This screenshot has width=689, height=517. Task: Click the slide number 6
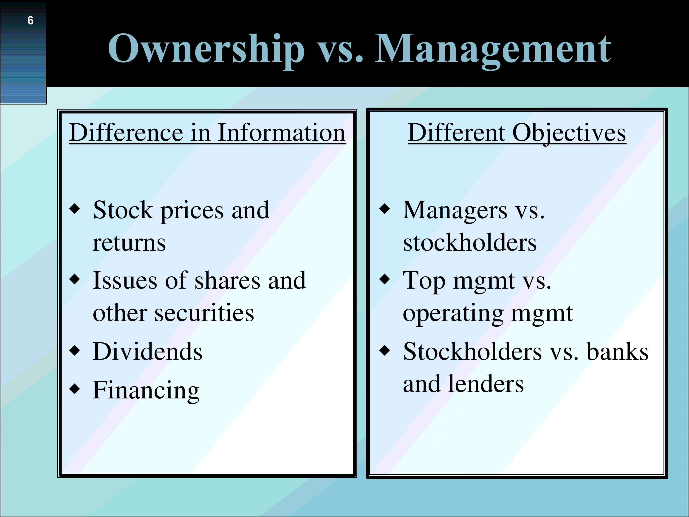[x=30, y=21]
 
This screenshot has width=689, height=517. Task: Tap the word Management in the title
[x=493, y=50]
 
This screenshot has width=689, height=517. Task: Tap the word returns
[x=129, y=243]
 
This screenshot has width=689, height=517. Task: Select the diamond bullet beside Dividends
[x=75, y=350]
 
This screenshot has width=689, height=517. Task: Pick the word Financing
[x=146, y=391]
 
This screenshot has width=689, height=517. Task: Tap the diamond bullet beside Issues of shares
[x=75, y=279]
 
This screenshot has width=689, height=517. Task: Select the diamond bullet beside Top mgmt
[x=385, y=279]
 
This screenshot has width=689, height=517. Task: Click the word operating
[x=453, y=314]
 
